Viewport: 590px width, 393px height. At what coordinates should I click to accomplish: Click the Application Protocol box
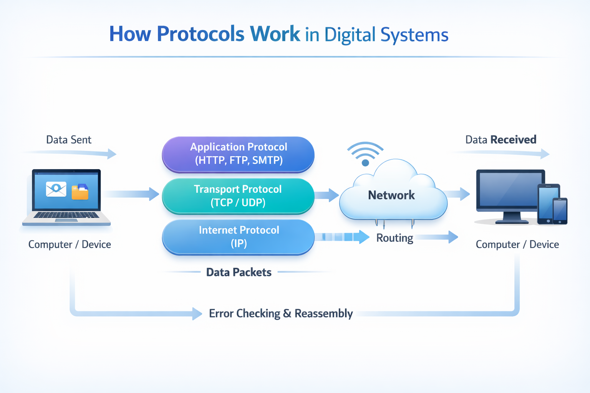click(x=238, y=154)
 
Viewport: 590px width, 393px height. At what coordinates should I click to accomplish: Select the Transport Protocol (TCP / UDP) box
click(x=238, y=196)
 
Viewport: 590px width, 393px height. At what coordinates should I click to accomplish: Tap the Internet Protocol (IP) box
click(x=238, y=237)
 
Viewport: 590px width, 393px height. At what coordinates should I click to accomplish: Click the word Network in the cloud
click(x=391, y=195)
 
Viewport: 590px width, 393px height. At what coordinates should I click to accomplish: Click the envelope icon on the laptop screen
click(x=56, y=189)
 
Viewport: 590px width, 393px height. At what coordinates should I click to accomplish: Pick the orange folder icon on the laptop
click(x=80, y=192)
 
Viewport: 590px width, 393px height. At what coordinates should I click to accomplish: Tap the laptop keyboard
click(x=66, y=215)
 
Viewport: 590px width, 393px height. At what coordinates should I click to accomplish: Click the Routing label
click(x=394, y=238)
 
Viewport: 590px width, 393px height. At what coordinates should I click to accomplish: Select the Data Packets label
click(x=239, y=272)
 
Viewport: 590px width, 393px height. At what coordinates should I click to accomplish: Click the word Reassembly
click(x=323, y=314)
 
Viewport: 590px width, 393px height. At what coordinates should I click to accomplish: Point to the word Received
click(x=513, y=140)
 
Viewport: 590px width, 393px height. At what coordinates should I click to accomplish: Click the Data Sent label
click(x=69, y=140)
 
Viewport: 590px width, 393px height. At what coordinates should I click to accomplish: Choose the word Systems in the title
click(x=414, y=35)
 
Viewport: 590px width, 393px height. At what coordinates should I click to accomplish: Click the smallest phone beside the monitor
click(x=560, y=211)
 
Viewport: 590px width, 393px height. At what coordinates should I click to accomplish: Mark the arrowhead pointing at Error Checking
click(x=197, y=314)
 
